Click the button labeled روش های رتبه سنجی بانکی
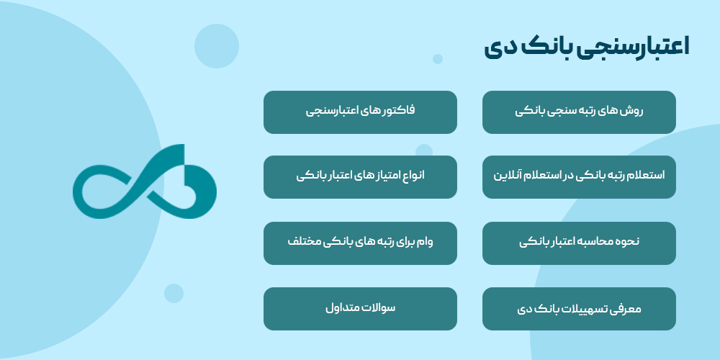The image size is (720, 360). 579,112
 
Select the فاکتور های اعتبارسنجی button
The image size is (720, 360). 360,112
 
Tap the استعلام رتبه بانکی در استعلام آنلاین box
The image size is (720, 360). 579,176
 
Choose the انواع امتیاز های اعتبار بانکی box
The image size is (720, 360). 360,176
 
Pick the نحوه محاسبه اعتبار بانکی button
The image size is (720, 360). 579,243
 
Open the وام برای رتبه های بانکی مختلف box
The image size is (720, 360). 360,243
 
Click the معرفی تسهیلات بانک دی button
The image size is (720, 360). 579,309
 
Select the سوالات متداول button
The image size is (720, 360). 360,309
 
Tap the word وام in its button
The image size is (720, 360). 443,242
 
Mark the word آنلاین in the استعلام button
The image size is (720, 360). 508,176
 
